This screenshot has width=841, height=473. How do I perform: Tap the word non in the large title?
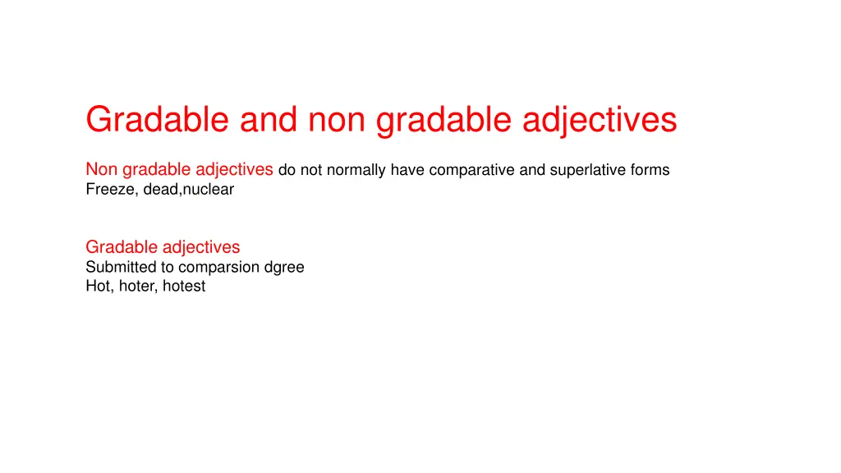pos(338,120)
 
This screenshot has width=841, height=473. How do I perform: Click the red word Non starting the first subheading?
pos(102,170)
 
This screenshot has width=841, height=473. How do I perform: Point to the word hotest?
pos(184,287)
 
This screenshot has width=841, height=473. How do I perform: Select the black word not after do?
pos(310,170)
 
